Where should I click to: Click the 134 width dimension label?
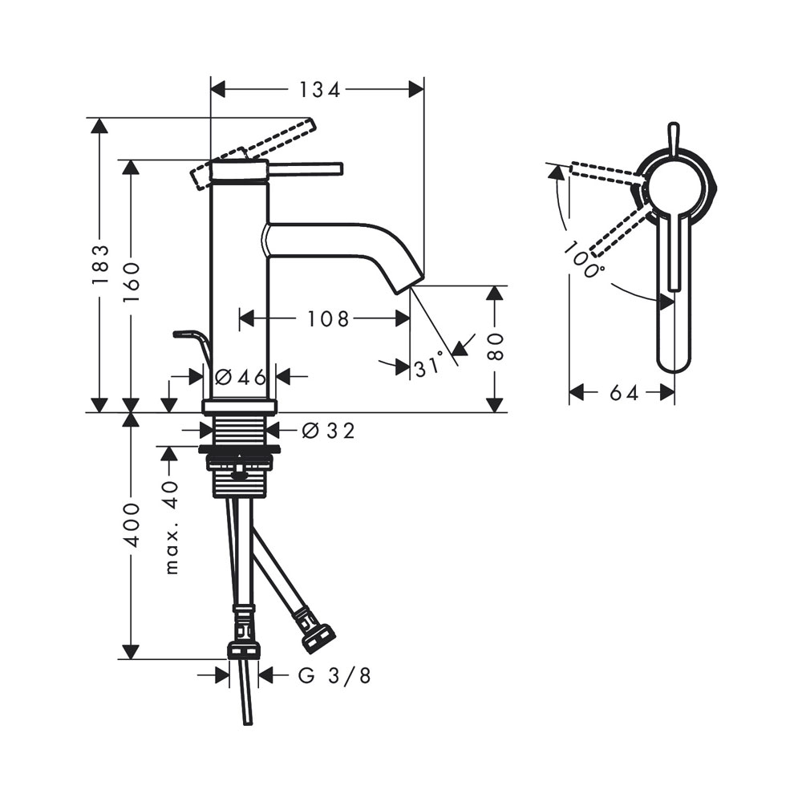319,90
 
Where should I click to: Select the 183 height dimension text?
101,265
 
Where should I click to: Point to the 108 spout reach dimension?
328,319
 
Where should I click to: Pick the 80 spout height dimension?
495,347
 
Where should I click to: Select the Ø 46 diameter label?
241,378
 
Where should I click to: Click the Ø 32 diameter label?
328,431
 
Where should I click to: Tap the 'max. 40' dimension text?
172,528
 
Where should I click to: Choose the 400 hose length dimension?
132,525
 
